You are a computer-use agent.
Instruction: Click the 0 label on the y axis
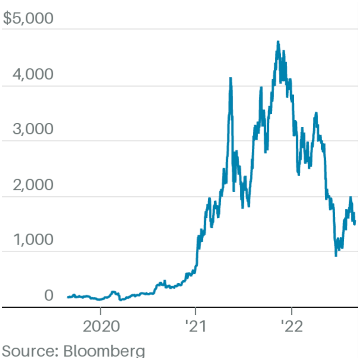click(48, 295)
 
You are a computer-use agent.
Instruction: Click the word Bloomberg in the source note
click(104, 351)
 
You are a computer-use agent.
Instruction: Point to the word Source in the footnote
click(28, 351)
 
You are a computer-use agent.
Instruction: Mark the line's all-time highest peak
click(278, 42)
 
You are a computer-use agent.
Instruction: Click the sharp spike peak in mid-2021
click(231, 78)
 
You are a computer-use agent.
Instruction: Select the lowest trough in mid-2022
click(336, 256)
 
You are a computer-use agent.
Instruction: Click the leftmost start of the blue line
click(68, 297)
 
